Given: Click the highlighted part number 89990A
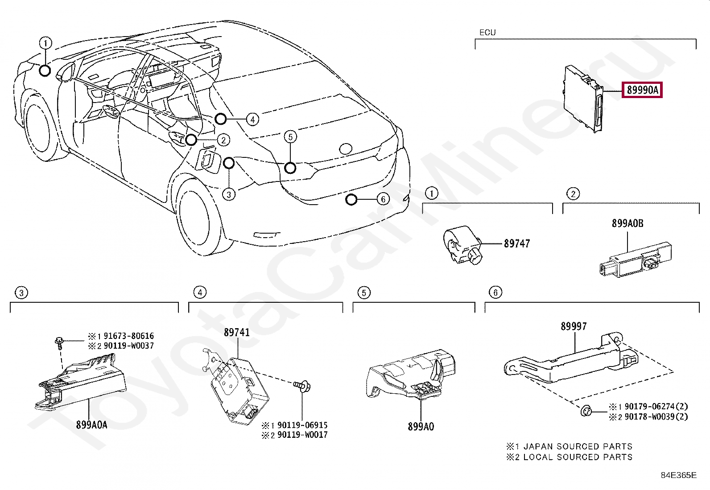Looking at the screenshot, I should click(642, 91).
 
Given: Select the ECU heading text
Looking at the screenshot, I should click(487, 33).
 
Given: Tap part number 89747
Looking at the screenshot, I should click(517, 243).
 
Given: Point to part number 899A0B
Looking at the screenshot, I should click(627, 223).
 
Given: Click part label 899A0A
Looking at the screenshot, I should click(91, 425).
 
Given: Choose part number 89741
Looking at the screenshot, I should click(237, 333).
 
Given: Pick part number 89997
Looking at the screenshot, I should click(574, 326).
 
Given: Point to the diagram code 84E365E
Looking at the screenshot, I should click(678, 475).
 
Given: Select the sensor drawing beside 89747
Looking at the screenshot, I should click(462, 245).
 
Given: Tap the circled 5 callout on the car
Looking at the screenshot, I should click(290, 136).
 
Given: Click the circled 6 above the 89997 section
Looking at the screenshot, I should click(495, 292).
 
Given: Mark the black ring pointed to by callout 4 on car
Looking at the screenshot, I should click(220, 119).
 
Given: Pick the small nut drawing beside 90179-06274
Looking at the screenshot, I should click(586, 411).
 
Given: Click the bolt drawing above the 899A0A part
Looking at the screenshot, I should click(59, 342).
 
